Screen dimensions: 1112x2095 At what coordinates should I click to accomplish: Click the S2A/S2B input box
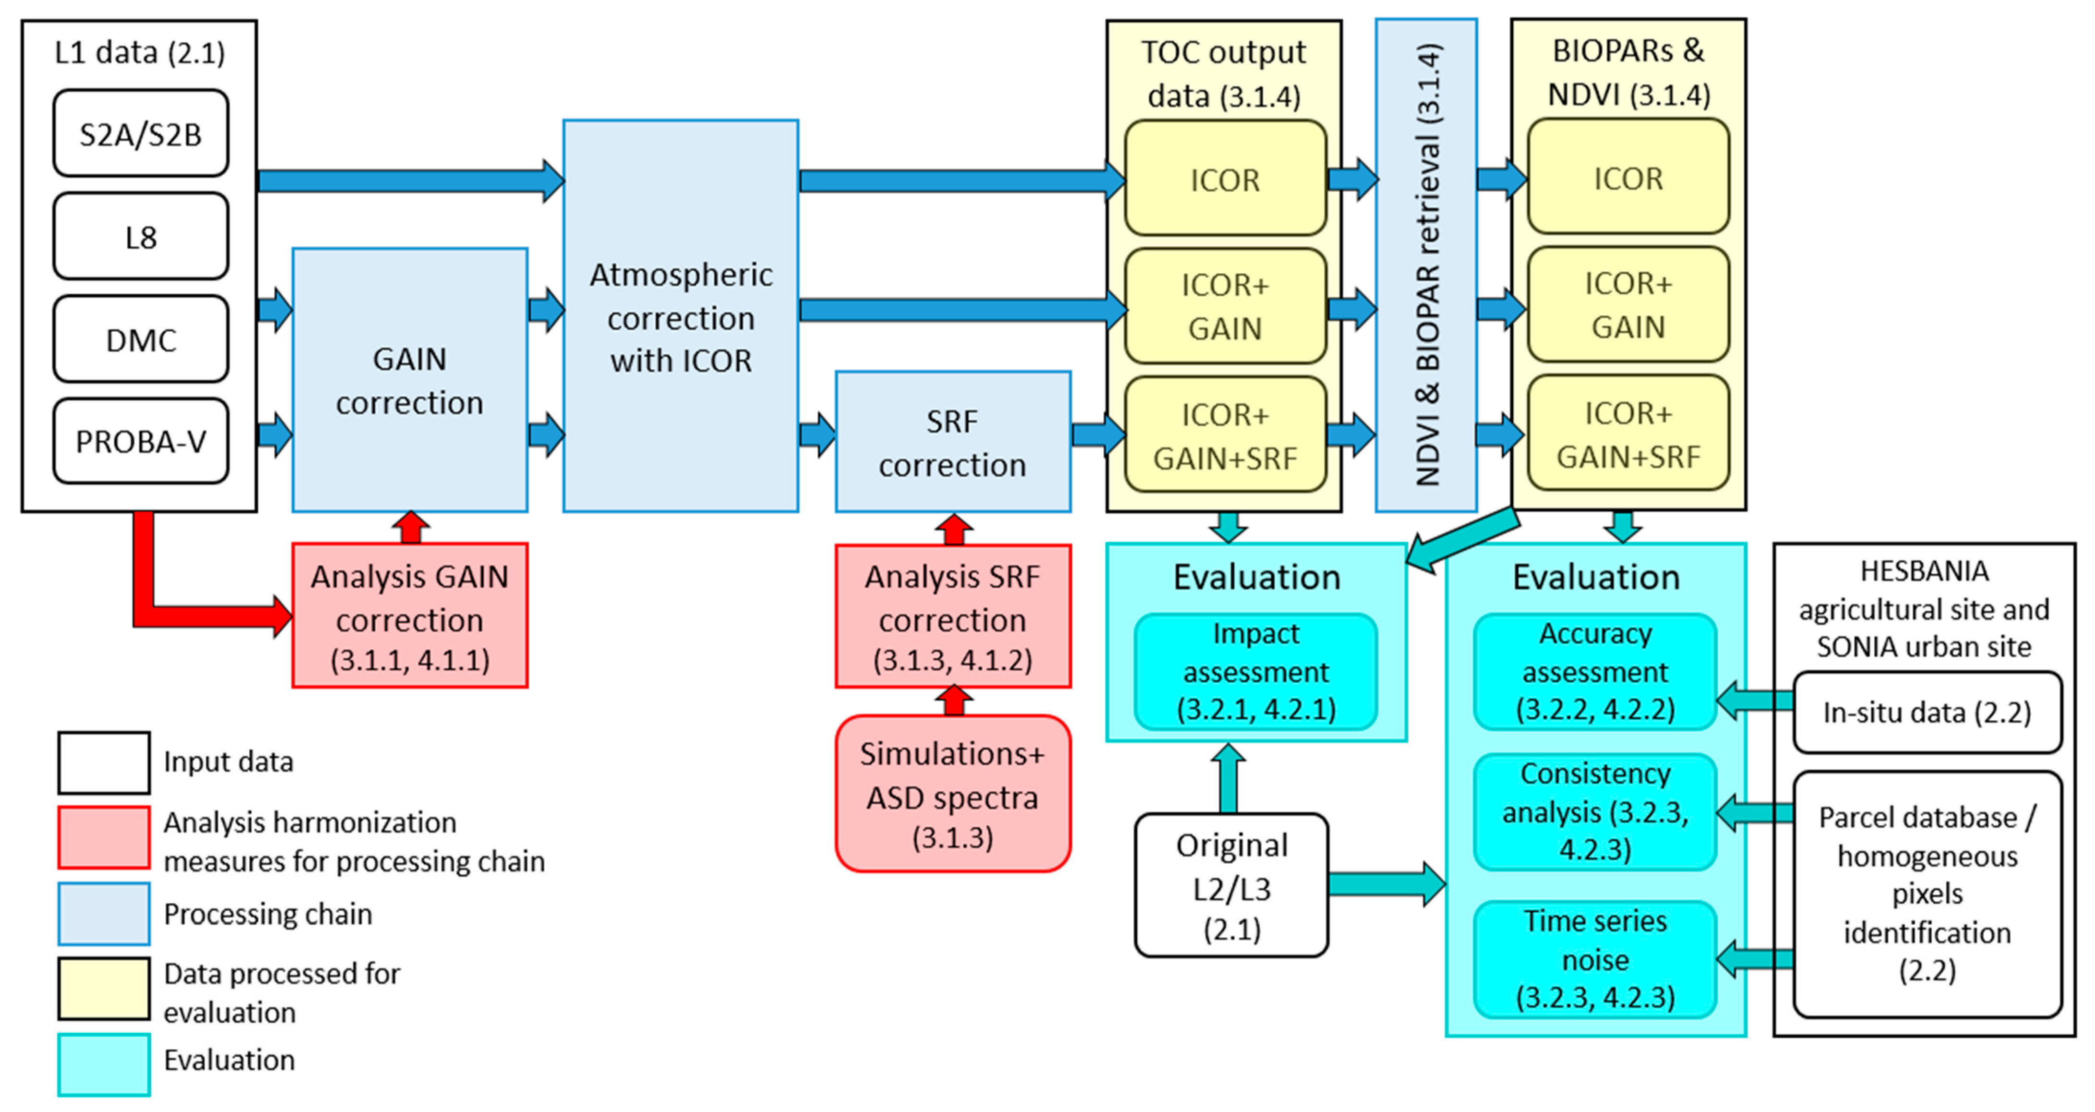pyautogui.click(x=141, y=133)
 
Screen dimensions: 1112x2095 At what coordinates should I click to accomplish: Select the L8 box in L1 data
pyautogui.click(x=141, y=237)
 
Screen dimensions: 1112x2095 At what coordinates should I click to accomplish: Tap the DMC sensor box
pyautogui.click(x=141, y=339)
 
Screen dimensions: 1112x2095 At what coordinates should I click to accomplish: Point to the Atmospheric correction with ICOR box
pyautogui.click(x=681, y=317)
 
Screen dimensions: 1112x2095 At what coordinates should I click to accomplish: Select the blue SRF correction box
pyautogui.click(x=952, y=442)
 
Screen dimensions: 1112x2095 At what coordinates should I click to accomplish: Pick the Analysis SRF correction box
pyautogui.click(x=952, y=616)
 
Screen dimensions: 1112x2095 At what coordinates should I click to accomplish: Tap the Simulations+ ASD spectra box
pyautogui.click(x=952, y=794)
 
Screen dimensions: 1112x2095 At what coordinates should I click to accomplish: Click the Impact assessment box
pyautogui.click(x=1256, y=672)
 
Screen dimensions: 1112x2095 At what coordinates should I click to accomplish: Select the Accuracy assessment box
pyautogui.click(x=1595, y=672)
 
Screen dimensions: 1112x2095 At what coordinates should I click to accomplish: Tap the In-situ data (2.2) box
pyautogui.click(x=1927, y=713)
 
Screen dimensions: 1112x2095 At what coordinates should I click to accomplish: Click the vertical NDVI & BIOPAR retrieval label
pyautogui.click(x=1425, y=265)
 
